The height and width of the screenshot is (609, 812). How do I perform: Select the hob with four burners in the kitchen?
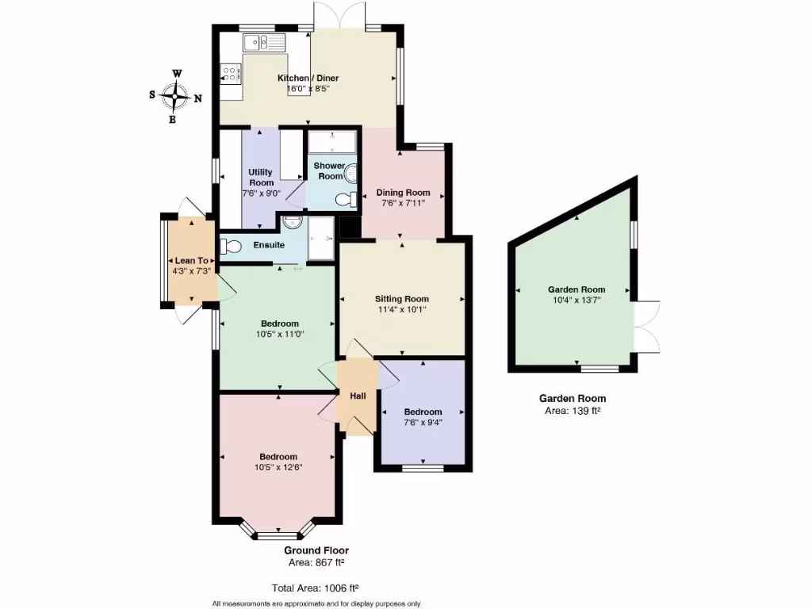tap(231, 75)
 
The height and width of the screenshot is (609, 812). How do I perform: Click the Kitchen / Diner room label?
tap(308, 79)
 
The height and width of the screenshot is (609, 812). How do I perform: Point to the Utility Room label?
tap(261, 177)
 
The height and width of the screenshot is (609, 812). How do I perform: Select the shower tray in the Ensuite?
tap(322, 239)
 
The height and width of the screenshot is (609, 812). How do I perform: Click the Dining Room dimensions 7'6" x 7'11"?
tap(404, 203)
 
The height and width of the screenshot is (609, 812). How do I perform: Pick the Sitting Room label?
tap(401, 299)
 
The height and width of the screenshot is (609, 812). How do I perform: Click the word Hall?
tap(357, 396)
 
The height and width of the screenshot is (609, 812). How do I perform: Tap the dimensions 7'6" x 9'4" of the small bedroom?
tap(423, 423)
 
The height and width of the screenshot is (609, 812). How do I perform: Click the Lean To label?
tap(191, 260)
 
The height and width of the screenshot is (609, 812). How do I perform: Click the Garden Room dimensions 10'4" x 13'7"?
tap(576, 301)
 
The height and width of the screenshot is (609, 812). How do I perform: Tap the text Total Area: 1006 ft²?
tap(316, 588)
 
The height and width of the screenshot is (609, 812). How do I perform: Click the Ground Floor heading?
tap(316, 550)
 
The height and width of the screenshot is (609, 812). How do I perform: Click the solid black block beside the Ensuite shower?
tap(349, 228)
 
